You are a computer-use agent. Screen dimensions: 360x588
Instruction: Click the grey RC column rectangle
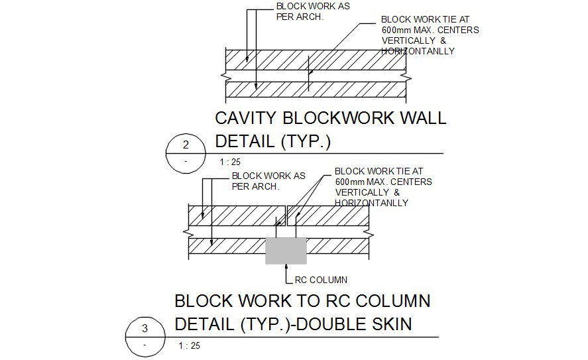[286, 251]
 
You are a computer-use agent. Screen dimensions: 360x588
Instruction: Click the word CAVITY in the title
[246, 119]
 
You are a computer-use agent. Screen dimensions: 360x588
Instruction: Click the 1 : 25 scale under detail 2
[229, 162]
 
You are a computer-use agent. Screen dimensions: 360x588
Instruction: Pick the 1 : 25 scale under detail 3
[189, 345]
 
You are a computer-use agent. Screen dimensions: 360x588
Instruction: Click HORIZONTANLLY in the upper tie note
[418, 51]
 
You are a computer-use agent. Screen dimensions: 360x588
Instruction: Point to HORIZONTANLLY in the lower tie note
[371, 203]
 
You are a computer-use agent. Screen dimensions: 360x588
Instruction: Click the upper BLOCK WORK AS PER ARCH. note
[303, 11]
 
